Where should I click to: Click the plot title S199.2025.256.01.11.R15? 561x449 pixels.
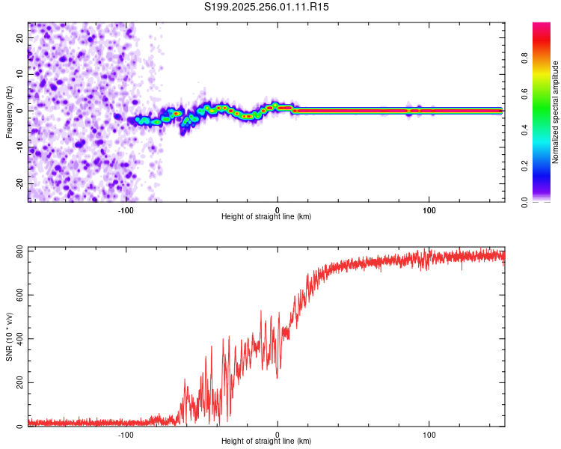(x=266, y=7)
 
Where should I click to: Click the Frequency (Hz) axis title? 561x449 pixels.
(x=10, y=111)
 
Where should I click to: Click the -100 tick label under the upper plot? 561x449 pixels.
(x=126, y=210)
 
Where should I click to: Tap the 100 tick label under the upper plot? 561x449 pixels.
(x=429, y=210)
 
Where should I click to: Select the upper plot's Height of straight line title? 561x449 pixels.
(x=266, y=217)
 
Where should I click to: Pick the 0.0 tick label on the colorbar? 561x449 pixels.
(x=545, y=201)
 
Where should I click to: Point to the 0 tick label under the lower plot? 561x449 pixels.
(x=278, y=435)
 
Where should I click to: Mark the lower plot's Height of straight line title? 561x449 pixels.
(x=266, y=442)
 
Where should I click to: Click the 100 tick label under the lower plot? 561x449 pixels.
(x=429, y=435)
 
